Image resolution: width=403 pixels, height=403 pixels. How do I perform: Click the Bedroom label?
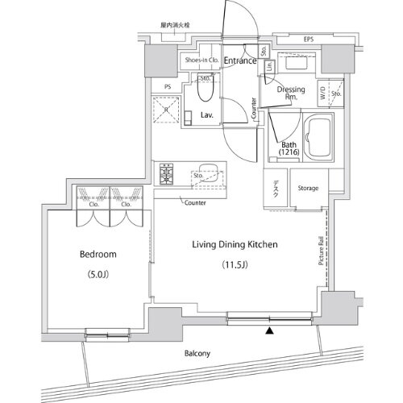pos(98,254)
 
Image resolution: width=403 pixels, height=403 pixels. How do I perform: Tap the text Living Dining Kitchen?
pos(235,243)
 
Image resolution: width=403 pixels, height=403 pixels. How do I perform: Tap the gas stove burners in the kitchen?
pos(168,172)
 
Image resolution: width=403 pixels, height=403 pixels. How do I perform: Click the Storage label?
pos(307,189)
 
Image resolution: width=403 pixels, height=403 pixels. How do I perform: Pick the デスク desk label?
pos(275,189)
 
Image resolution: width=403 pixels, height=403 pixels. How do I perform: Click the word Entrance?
pos(240,60)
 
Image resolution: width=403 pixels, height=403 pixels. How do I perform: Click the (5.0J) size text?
pos(98,273)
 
